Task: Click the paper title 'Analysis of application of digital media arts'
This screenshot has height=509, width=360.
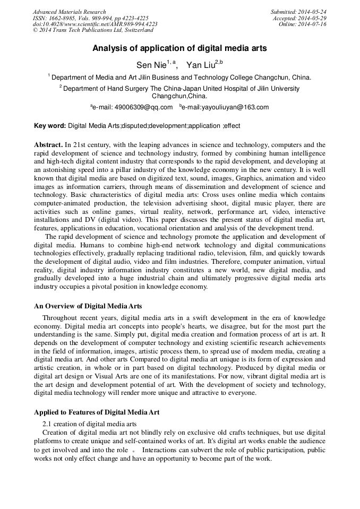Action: (x=179, y=48)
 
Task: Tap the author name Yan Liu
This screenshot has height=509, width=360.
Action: (x=200, y=65)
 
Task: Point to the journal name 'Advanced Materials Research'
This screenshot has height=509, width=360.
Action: (x=70, y=12)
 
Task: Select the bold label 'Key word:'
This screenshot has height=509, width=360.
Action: (x=50, y=126)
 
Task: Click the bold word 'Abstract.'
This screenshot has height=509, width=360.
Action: (x=48, y=144)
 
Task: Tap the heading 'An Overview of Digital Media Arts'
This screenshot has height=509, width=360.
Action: (x=88, y=306)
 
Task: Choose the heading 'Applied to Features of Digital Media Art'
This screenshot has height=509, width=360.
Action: (x=97, y=412)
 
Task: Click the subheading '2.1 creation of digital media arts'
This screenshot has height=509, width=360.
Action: (x=89, y=424)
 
